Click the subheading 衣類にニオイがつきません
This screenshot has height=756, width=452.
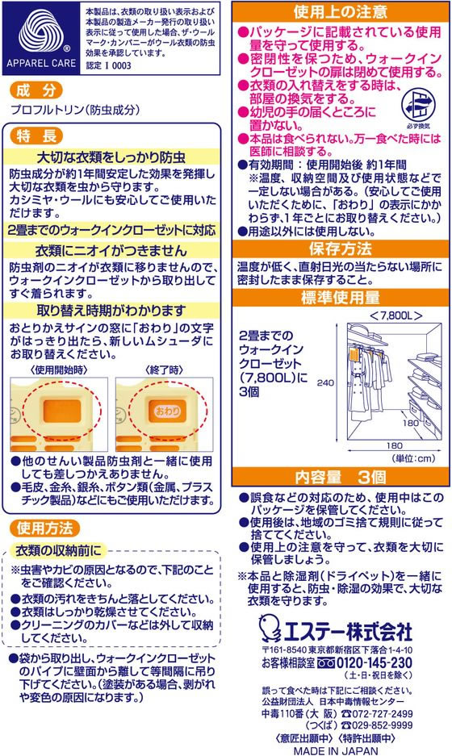point(111,250)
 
